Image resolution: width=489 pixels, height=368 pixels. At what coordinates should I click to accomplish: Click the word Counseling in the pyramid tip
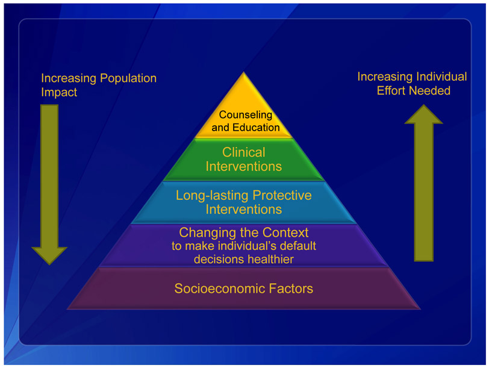click(x=245, y=114)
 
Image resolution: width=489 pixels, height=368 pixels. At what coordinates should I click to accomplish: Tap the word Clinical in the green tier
click(x=243, y=152)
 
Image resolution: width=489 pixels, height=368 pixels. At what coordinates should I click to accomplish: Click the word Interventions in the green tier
click(x=243, y=166)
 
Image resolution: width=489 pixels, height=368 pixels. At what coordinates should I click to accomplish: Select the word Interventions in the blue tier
click(x=243, y=210)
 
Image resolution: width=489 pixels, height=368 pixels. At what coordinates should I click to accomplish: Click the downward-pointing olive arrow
click(x=49, y=181)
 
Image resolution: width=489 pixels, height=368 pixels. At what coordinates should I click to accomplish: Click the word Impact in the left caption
click(x=59, y=93)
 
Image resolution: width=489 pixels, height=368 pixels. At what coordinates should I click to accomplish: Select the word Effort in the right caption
click(x=391, y=91)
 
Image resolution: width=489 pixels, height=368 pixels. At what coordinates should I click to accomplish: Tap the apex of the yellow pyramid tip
click(x=243, y=73)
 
